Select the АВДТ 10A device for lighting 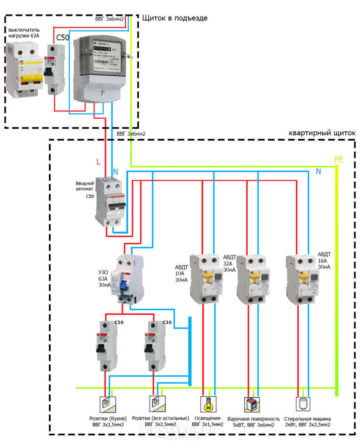tap(204, 279)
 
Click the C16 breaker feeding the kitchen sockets tap(106, 345)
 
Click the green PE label tap(339, 160)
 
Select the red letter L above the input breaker tap(98, 162)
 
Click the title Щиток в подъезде tap(175, 18)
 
